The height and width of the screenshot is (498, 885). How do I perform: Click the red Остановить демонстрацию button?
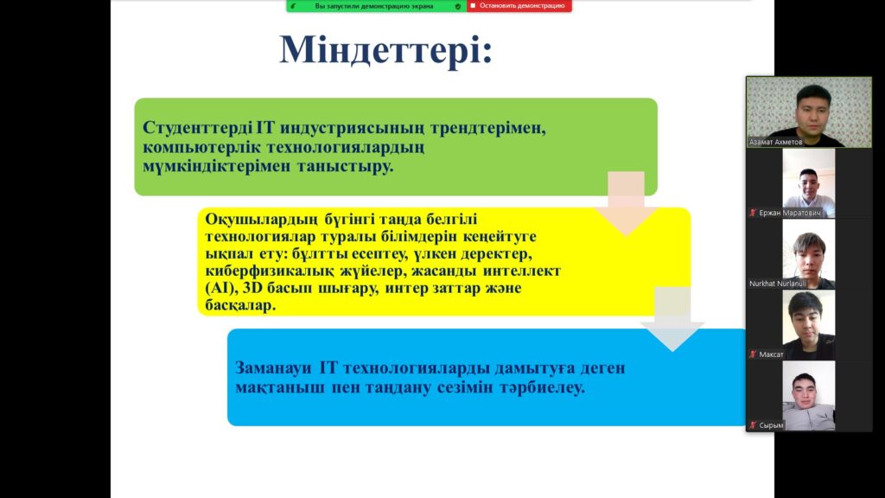click(x=519, y=6)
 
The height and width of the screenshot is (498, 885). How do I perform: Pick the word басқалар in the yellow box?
click(x=240, y=305)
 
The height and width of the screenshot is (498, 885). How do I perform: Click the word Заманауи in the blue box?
click(x=273, y=368)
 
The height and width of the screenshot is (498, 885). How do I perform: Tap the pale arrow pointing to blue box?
click(x=672, y=319)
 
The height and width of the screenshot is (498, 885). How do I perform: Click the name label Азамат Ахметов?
click(x=775, y=143)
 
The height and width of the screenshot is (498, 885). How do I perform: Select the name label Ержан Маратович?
click(x=790, y=213)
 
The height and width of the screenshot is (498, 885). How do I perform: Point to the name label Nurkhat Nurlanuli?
click(x=777, y=284)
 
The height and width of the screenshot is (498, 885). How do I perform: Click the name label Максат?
click(x=771, y=354)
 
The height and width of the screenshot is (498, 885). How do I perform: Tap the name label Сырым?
click(x=771, y=425)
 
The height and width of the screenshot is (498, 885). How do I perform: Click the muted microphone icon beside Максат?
click(x=753, y=354)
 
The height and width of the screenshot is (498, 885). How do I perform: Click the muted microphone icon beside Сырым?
click(x=753, y=425)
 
